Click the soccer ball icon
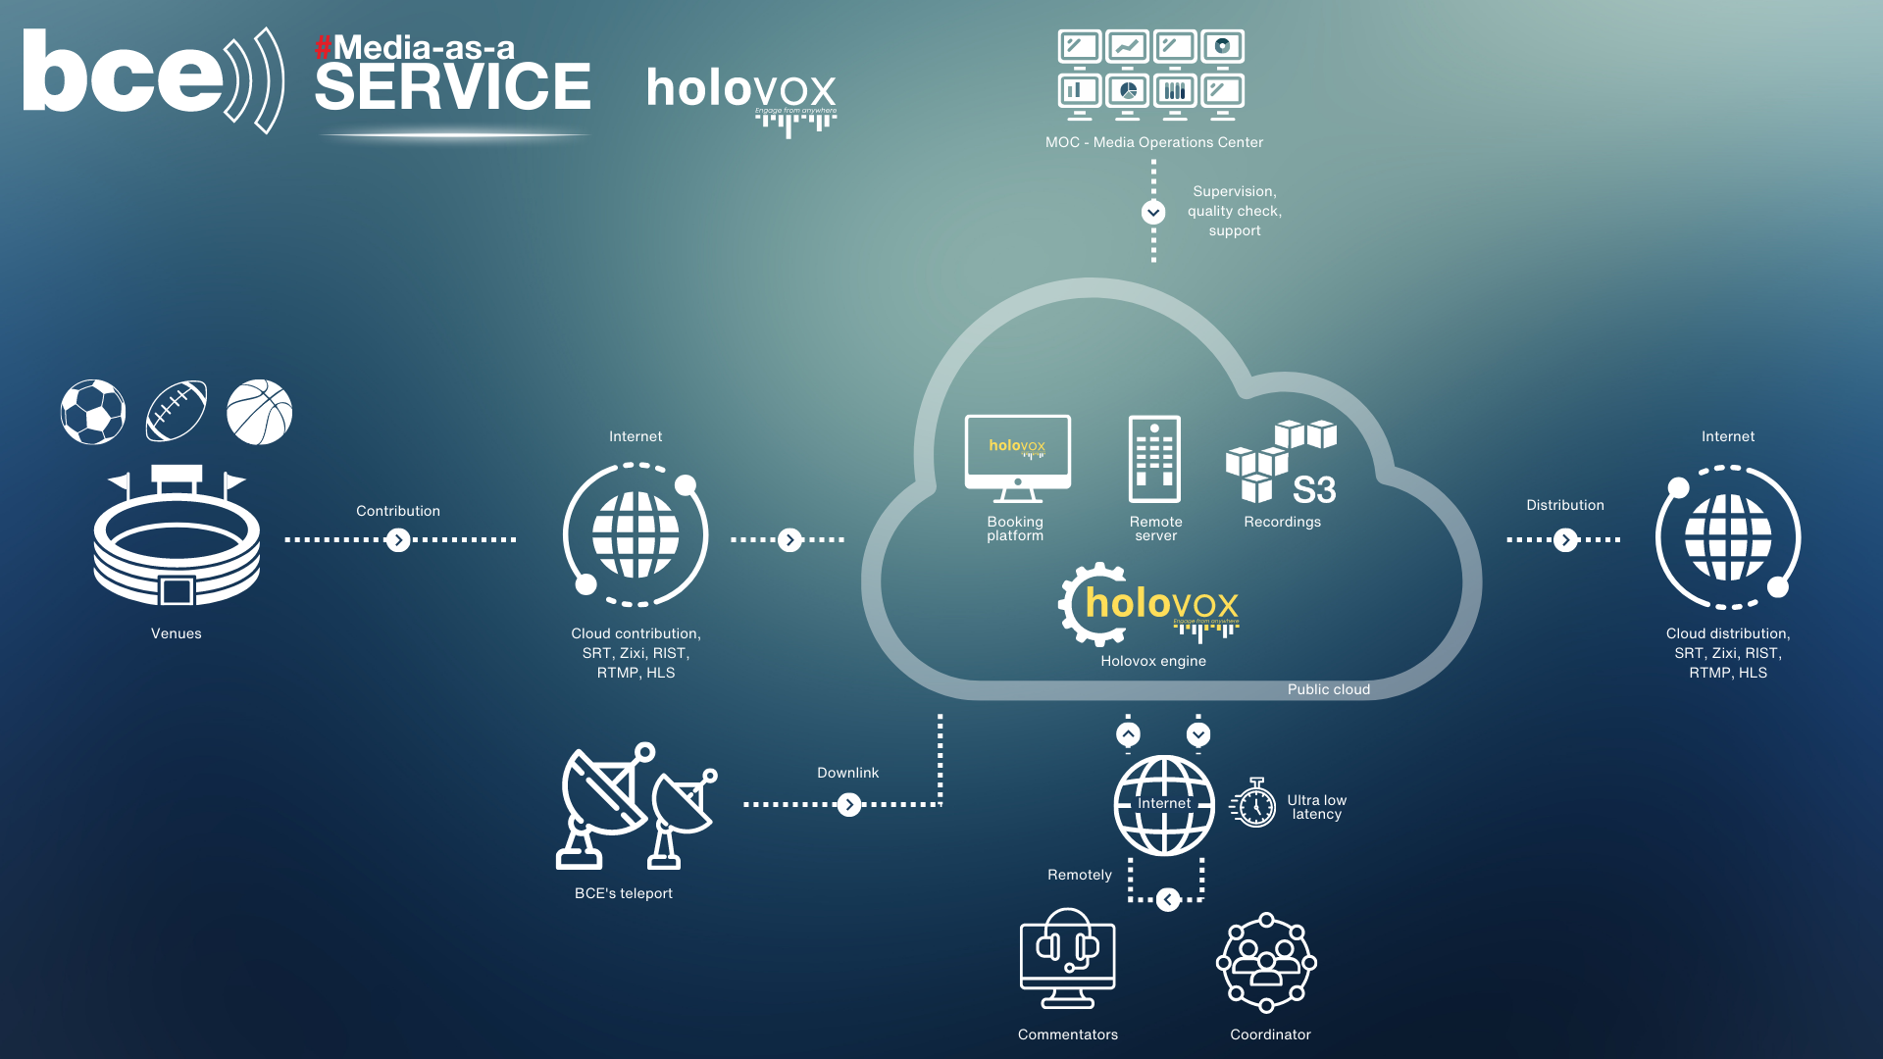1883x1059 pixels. point(93,412)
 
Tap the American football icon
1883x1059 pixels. point(177,412)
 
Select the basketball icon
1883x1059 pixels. point(260,412)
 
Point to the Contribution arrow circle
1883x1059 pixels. point(398,540)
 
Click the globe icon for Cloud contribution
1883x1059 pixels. point(636,535)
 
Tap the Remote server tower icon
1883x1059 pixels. point(1154,459)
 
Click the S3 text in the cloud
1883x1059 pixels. point(1314,489)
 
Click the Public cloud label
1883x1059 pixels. point(1329,689)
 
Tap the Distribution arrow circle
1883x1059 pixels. point(1566,540)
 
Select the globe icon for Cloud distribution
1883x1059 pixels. point(1728,537)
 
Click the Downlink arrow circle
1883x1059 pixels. point(849,805)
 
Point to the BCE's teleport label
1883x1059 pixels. point(624,893)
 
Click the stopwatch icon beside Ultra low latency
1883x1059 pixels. point(1253,804)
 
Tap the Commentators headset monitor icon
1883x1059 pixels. point(1068,958)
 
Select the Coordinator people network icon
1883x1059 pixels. point(1266,963)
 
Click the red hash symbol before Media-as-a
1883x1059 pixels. point(323,47)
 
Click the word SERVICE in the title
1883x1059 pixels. point(453,86)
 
